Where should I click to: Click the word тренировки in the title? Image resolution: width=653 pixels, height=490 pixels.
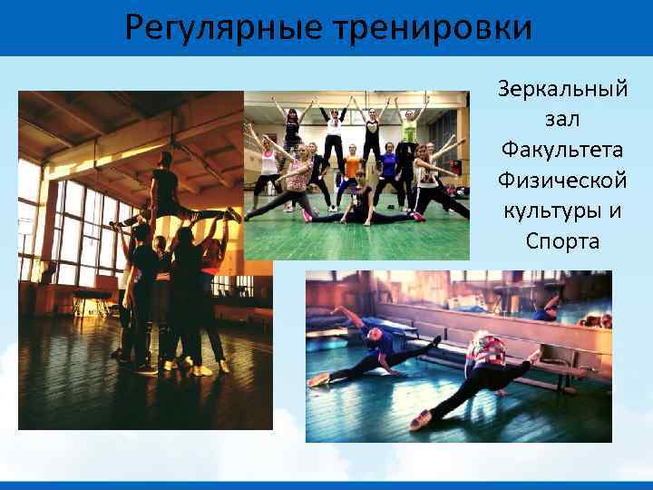(x=432, y=28)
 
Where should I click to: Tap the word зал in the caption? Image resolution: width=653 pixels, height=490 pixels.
(x=562, y=120)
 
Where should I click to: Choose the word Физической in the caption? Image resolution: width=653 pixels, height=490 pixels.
(x=562, y=181)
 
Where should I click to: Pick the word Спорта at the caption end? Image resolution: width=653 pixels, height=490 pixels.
(x=562, y=242)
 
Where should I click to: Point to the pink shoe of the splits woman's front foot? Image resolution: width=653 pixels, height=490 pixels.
(x=418, y=217)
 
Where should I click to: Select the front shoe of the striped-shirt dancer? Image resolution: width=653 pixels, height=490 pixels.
(x=419, y=419)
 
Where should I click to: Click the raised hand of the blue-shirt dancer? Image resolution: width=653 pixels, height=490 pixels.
(x=337, y=310)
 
